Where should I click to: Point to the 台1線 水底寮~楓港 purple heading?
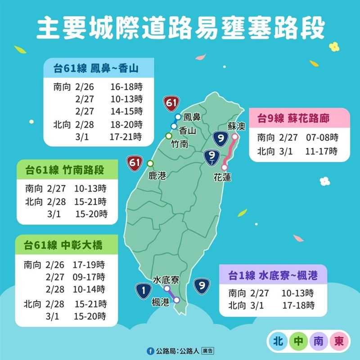point(273,275)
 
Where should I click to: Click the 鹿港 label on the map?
point(157,175)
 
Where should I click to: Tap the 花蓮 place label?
point(222,178)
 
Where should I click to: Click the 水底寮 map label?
point(166,279)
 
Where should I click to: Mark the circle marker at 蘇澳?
point(235,137)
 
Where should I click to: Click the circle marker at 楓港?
point(177,300)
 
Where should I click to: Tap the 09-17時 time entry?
point(89,276)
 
